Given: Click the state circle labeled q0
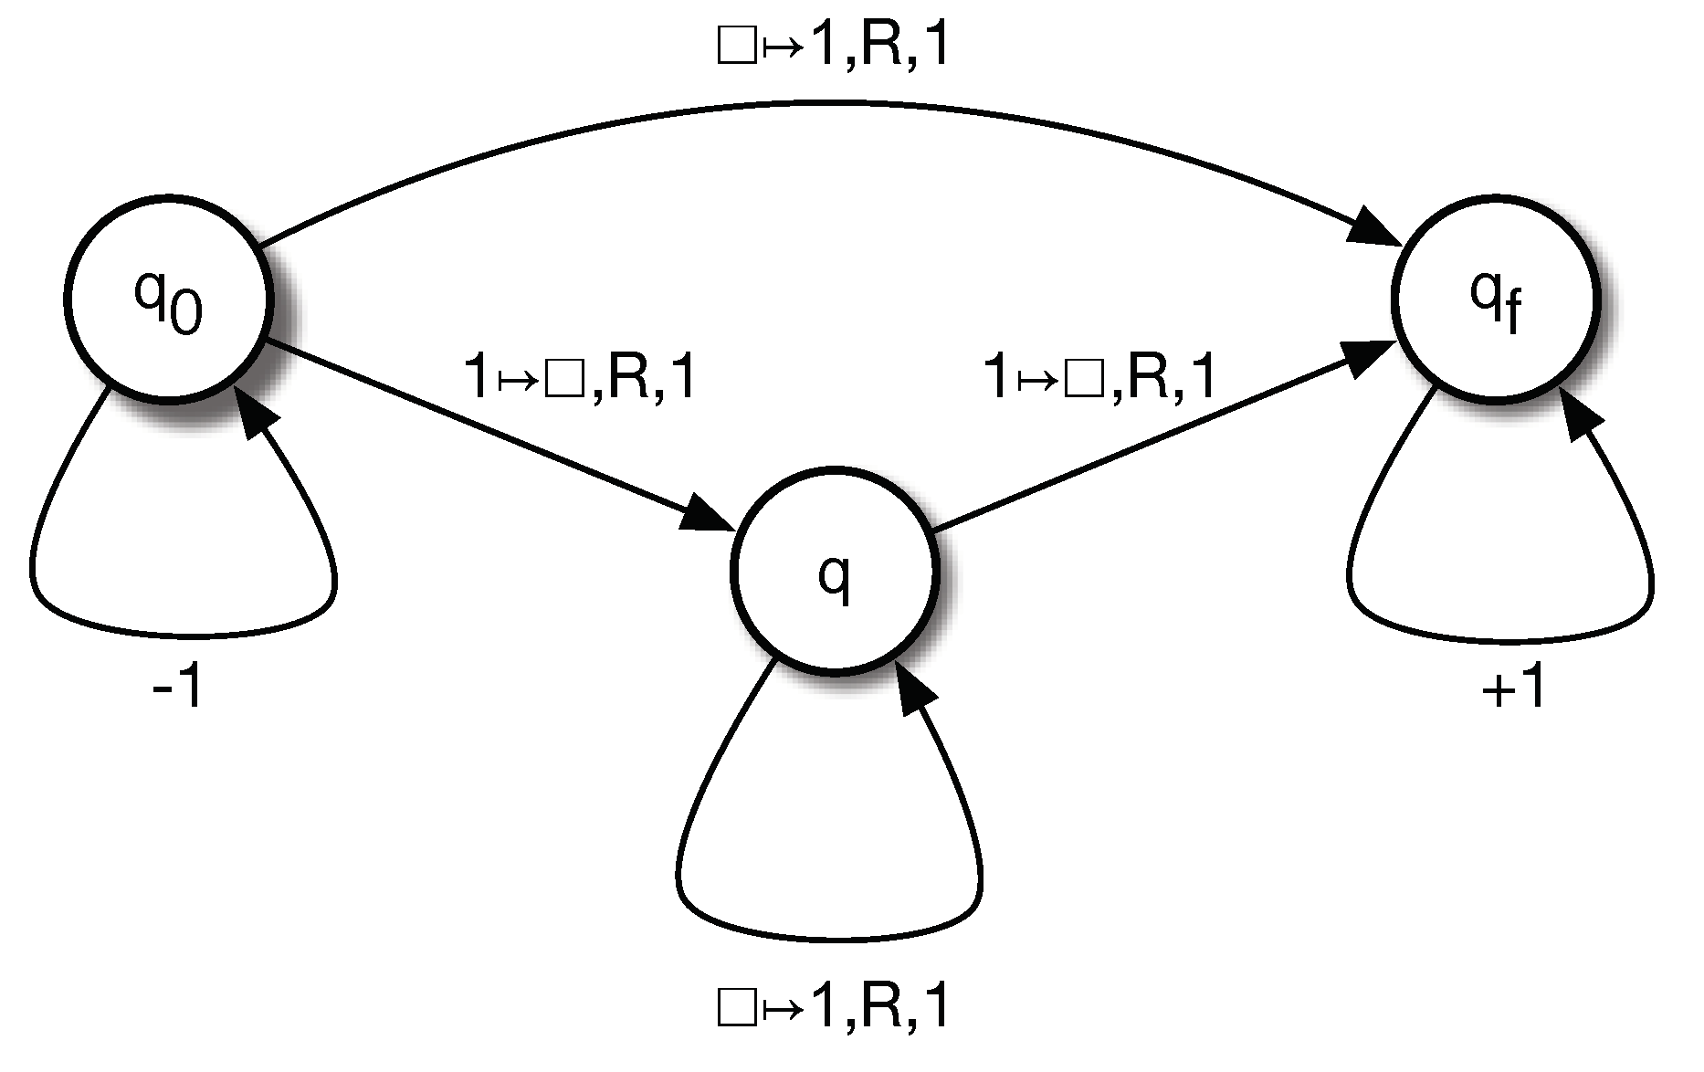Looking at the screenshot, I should point(169,299).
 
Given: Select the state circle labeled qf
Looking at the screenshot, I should point(1496,298).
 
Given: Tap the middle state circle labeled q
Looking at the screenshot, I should point(835,572).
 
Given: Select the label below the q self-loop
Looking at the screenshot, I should point(834,1007).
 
